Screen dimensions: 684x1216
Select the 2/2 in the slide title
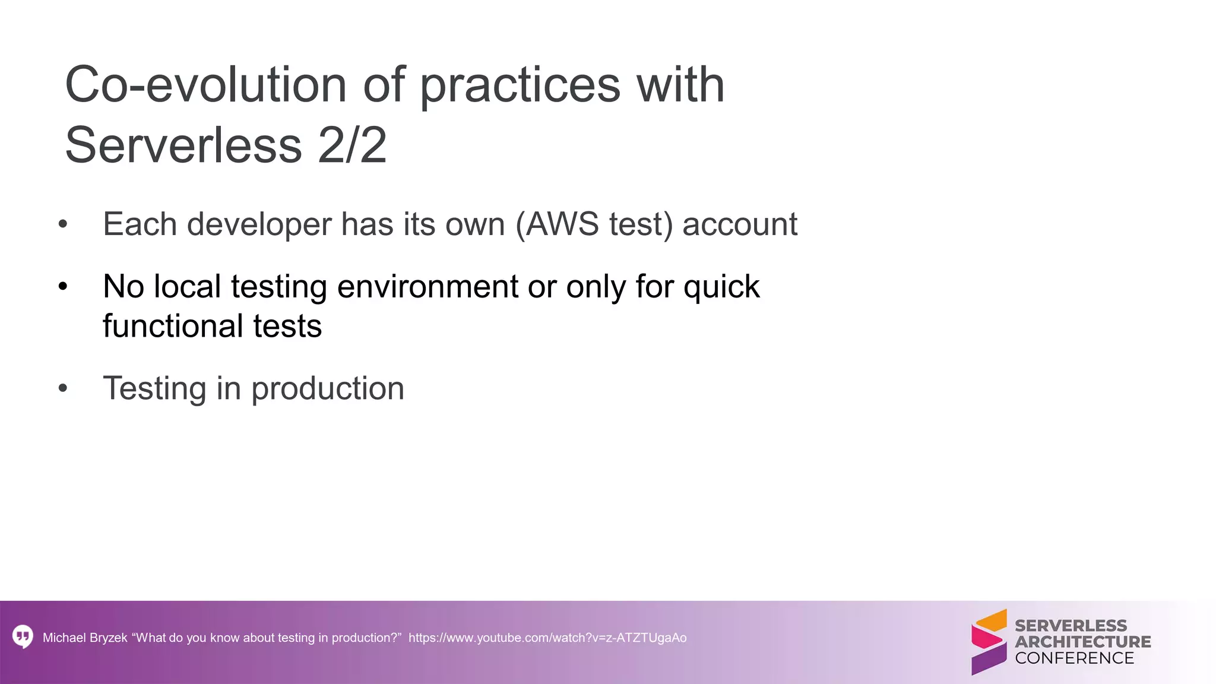pos(352,145)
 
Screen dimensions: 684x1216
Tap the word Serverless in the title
pos(183,145)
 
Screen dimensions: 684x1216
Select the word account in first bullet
pos(739,224)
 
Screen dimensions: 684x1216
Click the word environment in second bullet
pos(427,287)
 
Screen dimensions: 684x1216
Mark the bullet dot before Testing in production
pos(64,389)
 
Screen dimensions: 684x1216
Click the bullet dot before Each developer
pos(64,225)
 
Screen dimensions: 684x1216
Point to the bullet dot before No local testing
pos(64,287)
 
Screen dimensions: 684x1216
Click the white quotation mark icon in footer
pos(23,636)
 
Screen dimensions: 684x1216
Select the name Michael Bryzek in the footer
pos(85,638)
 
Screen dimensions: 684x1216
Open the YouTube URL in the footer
pos(547,638)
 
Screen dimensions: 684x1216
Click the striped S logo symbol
pos(989,642)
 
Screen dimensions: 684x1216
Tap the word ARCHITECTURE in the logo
pos(1082,642)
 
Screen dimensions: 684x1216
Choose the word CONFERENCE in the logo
pos(1074,658)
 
